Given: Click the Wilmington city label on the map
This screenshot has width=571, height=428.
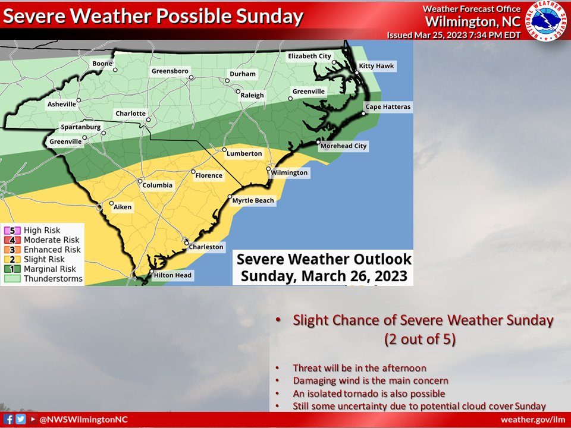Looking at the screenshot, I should [290, 172].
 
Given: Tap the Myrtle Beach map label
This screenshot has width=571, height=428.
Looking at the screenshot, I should [253, 201].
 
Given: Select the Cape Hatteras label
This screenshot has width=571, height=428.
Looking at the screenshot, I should [388, 107].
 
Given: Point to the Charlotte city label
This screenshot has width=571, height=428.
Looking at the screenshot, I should [130, 114].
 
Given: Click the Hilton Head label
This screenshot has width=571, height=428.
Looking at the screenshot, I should [172, 275].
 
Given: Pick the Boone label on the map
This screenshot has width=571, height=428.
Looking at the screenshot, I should [102, 64].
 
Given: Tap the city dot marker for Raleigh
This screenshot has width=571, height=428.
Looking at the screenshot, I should [238, 92].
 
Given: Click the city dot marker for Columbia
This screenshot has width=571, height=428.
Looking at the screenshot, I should [140, 181].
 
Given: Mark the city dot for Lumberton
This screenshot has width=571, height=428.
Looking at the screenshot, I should [225, 149].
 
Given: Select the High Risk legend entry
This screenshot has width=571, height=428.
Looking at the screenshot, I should [41, 231].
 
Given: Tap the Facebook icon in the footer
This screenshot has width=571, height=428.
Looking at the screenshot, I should [9, 419].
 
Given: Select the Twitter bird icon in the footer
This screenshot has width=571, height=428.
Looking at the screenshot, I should [20, 419].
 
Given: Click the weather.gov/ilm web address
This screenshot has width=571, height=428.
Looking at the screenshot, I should [537, 420].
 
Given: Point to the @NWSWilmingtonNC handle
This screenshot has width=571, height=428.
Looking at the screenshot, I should [83, 420].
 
